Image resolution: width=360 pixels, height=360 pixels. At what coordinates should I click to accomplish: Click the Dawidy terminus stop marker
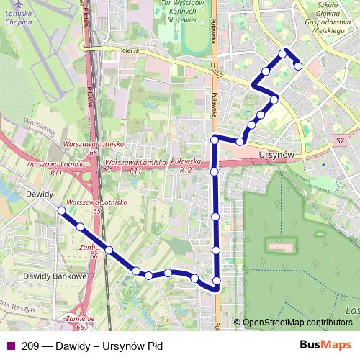point(61,211)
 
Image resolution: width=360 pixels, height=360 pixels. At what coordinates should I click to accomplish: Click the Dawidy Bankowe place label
point(55,276)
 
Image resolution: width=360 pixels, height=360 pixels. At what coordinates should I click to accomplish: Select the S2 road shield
point(341,140)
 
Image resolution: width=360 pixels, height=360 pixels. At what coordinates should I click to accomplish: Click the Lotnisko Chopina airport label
point(17,18)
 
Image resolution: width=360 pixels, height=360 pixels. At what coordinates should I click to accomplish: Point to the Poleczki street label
point(132,52)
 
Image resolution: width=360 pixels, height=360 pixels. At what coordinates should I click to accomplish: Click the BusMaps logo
point(325,345)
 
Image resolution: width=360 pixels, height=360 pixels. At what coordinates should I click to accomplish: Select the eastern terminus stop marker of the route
point(298,66)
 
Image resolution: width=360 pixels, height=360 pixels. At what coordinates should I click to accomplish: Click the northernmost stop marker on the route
point(284,53)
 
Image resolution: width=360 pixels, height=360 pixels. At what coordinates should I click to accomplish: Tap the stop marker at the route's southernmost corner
point(216,289)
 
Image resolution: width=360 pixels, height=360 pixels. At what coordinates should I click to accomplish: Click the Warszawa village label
point(39,127)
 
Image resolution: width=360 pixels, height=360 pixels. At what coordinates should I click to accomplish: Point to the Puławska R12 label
point(186,166)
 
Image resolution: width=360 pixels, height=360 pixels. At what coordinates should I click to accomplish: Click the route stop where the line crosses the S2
point(214,172)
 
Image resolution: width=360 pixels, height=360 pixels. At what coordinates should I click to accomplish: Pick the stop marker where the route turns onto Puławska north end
point(214,139)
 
